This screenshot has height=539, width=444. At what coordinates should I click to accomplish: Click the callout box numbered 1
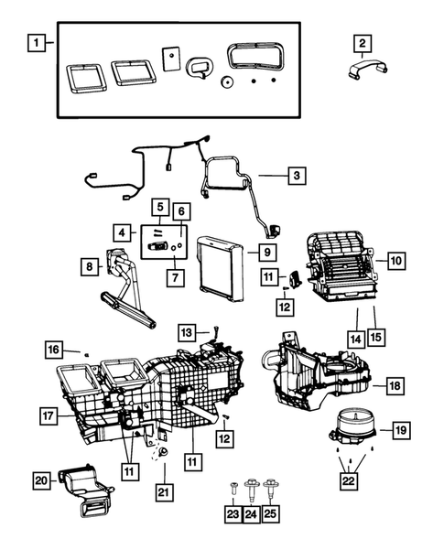[x=35, y=41]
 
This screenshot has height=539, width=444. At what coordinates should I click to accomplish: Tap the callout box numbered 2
[x=363, y=42]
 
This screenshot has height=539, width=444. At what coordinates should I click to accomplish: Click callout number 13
[x=186, y=330]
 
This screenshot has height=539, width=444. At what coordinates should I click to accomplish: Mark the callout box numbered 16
[x=54, y=350]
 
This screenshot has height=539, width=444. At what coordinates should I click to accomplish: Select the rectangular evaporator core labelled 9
[x=223, y=266]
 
